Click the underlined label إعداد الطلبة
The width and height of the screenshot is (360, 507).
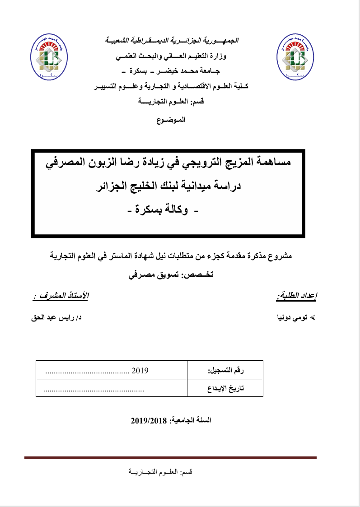tap(296, 296)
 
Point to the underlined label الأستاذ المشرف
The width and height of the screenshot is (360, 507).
tap(61, 296)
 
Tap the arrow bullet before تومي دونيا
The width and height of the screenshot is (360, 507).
tap(316, 318)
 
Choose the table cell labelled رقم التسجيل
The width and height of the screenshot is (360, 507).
tap(225, 371)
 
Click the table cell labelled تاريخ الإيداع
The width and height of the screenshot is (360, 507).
tap(225, 388)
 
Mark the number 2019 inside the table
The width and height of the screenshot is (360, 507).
tap(140, 371)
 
